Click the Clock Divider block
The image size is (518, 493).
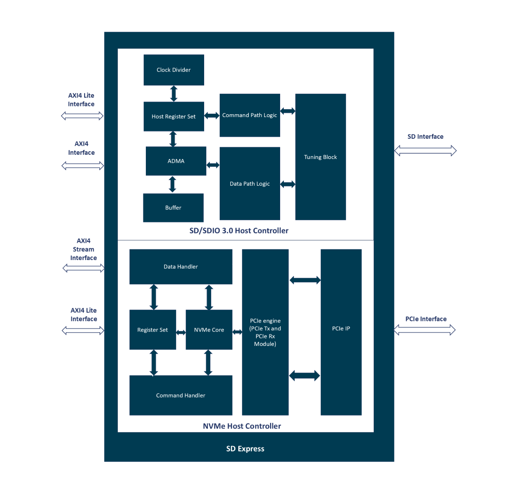(x=174, y=70)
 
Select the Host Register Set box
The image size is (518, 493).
(x=174, y=117)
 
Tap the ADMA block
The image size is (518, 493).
(x=176, y=161)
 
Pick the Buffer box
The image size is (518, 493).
(x=173, y=208)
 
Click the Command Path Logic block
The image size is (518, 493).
(x=250, y=115)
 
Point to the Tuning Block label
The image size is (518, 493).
(x=320, y=157)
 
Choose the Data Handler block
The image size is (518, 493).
(x=181, y=267)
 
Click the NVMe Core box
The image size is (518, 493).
(x=209, y=330)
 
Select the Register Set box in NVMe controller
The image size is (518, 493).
(x=153, y=330)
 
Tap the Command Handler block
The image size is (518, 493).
(x=181, y=395)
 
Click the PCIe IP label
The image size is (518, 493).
(x=341, y=328)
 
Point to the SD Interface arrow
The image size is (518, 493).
(x=426, y=151)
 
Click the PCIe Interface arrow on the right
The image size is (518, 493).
(x=425, y=330)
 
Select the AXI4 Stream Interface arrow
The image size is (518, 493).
(x=84, y=268)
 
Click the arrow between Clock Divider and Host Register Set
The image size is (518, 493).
(x=174, y=94)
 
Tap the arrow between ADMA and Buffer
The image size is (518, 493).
(x=173, y=184)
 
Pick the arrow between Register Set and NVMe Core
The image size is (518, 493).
(x=181, y=332)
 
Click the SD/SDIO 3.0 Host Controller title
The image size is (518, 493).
(x=239, y=230)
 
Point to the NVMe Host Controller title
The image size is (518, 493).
(x=242, y=426)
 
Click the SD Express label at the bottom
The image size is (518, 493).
(x=245, y=449)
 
